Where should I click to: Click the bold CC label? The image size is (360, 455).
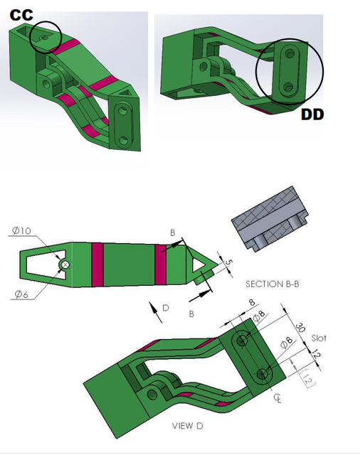21,14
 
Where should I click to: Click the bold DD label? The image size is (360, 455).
312,114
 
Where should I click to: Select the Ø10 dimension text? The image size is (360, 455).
21,230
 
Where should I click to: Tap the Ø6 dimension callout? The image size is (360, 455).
21,294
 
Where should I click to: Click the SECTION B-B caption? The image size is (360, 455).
272,284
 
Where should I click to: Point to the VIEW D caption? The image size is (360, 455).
187,426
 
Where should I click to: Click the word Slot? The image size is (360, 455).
319,338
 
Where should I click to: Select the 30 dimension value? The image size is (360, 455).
301,328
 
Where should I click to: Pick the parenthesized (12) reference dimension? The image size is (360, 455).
309,377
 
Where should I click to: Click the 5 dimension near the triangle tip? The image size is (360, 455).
229,262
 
